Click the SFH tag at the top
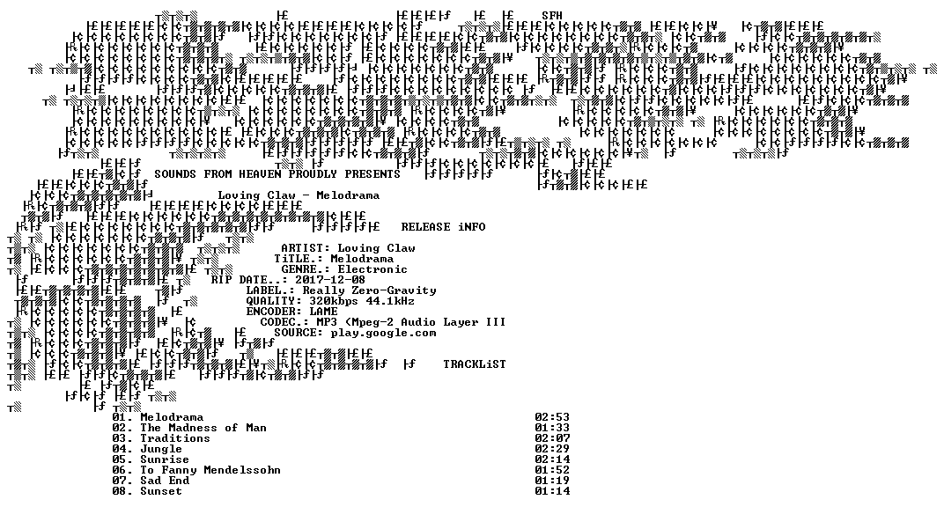click(x=551, y=16)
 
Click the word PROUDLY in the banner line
click(x=313, y=173)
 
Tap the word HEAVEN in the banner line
click(x=260, y=173)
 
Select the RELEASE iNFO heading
click(x=443, y=227)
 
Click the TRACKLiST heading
click(x=475, y=364)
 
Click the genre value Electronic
click(x=372, y=269)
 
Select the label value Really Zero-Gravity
click(x=369, y=290)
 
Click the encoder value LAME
click(x=323, y=312)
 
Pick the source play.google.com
click(x=383, y=333)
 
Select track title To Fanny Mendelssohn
click(x=210, y=470)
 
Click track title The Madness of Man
click(x=203, y=428)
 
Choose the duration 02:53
click(x=552, y=417)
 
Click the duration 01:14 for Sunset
click(x=552, y=491)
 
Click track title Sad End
click(x=165, y=481)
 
